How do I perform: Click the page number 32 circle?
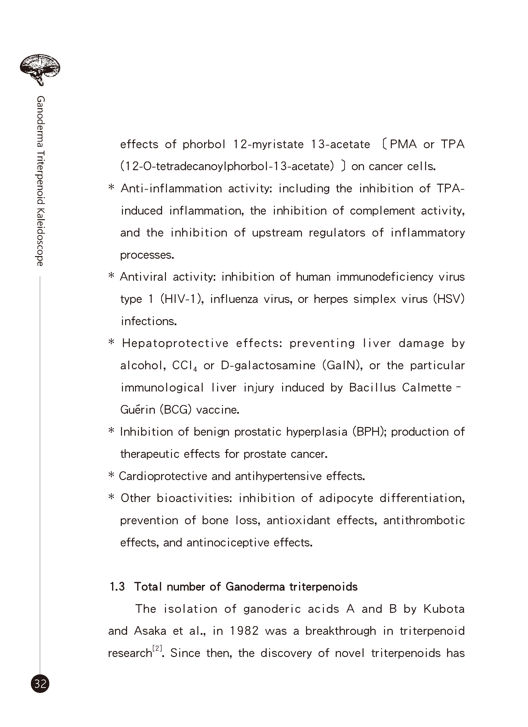click(40, 684)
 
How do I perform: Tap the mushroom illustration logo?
click(40, 69)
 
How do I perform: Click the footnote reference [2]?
click(157, 648)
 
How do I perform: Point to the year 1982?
click(244, 631)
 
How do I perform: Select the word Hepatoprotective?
click(175, 343)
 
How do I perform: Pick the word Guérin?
click(138, 410)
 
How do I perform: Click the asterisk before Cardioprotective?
click(111, 476)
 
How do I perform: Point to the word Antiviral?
click(143, 277)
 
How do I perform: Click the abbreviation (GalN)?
click(342, 365)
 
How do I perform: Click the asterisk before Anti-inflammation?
click(111, 188)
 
